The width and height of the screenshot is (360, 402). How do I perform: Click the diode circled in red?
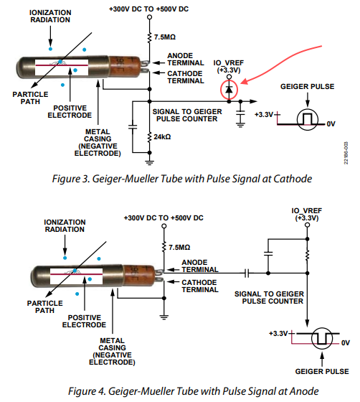tap(229, 90)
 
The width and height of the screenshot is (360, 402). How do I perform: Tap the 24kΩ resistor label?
tap(162, 136)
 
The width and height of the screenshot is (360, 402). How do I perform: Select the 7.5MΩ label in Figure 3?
tap(165, 37)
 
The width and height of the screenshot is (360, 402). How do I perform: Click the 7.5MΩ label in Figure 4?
tap(179, 248)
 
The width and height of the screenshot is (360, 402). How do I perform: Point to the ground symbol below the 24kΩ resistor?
tap(150, 162)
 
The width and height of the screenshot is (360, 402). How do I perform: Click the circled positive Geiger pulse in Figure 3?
tap(308, 119)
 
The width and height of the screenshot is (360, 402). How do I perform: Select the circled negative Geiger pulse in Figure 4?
tap(322, 338)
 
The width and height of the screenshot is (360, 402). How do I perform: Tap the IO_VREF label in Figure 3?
tap(229, 66)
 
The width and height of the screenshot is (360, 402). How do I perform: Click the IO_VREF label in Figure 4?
tap(307, 215)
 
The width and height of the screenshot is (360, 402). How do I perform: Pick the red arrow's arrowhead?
tap(244, 82)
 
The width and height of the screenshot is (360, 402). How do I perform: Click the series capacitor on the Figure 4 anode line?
tap(247, 273)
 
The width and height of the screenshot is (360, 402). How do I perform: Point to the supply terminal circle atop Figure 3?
tap(150, 17)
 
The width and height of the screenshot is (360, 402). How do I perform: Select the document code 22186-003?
tap(346, 153)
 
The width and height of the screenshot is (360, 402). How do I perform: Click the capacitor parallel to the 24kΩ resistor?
tap(133, 126)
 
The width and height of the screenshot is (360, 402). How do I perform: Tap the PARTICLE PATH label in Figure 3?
tap(30, 98)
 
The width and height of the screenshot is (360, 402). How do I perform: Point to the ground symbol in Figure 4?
tap(164, 317)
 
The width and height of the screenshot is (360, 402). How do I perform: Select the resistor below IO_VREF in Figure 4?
tap(307, 256)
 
